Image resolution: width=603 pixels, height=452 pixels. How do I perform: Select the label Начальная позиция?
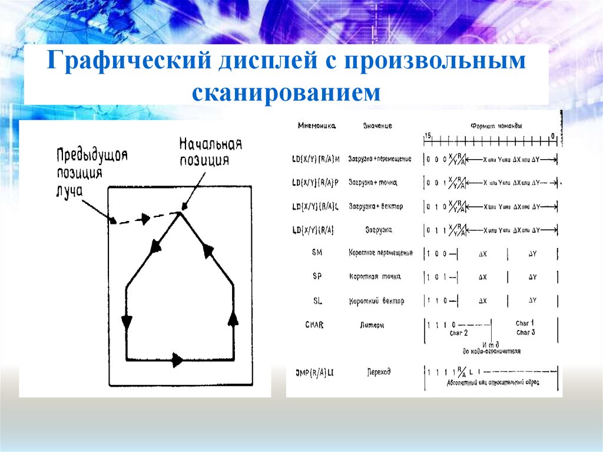pos(210,152)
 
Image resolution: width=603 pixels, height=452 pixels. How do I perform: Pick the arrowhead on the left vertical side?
pos(127,322)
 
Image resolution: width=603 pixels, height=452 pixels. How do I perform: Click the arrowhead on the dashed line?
pos(143,219)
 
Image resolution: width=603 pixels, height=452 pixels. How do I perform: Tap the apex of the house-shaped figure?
pos(180,213)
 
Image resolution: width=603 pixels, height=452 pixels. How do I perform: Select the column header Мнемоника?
pos(317,126)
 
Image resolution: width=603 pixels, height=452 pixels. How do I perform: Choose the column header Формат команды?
pos(496,126)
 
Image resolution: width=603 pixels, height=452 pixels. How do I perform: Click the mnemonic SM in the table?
pos(317,253)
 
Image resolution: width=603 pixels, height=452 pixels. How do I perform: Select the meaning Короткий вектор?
pos(376,301)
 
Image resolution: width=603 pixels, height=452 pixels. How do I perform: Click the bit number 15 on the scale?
pos(428,137)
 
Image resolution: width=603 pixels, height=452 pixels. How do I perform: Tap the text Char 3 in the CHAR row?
pos(525,333)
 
